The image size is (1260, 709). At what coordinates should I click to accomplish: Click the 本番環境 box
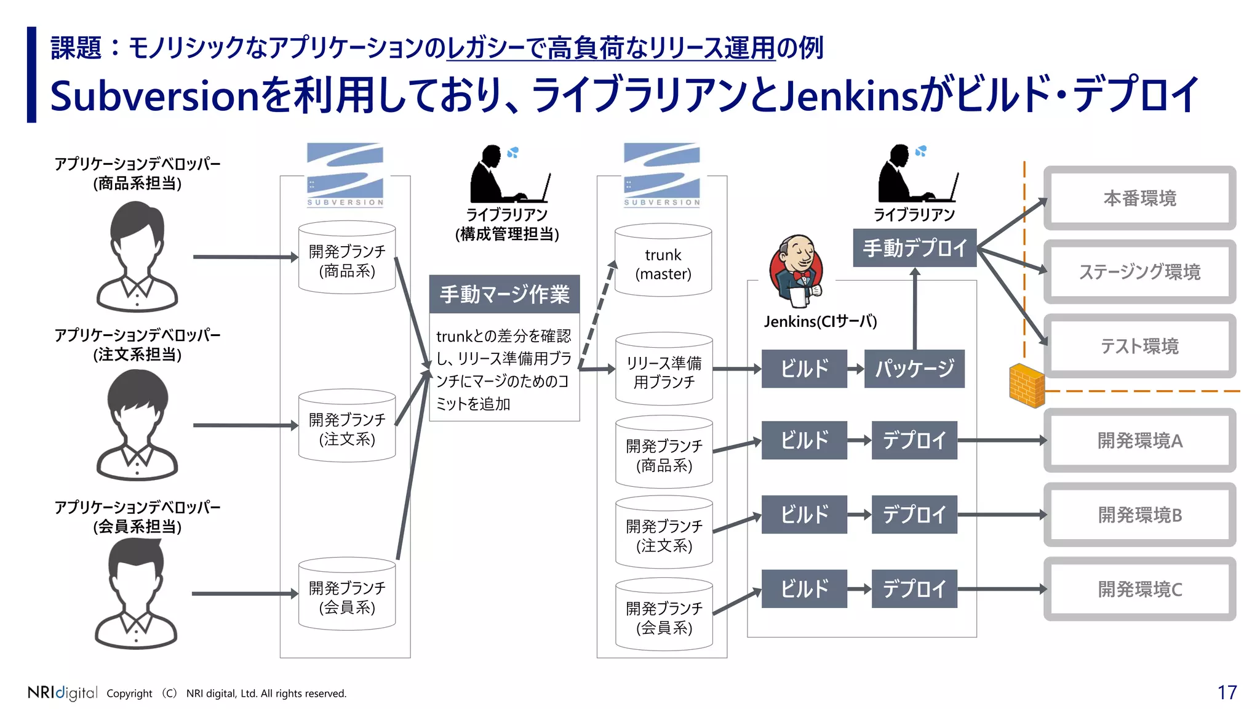[x=1139, y=198]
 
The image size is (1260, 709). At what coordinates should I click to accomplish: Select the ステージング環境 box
[x=1139, y=271]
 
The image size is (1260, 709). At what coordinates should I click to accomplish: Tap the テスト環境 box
[x=1139, y=346]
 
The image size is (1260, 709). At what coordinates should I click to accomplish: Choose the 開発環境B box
[x=1139, y=515]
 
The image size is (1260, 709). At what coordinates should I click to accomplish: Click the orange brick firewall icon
[x=1027, y=385]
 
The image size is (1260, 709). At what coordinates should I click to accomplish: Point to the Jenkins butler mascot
[x=797, y=270]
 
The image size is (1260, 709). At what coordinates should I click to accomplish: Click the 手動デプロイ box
[x=915, y=248]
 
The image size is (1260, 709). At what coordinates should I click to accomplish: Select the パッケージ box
[x=914, y=369]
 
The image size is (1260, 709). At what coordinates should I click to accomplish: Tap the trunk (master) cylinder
[x=663, y=262]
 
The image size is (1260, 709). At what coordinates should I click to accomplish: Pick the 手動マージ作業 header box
[x=504, y=294]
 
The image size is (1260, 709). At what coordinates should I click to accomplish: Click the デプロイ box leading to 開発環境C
[x=914, y=589]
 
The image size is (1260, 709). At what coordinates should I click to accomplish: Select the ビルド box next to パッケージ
[x=804, y=369]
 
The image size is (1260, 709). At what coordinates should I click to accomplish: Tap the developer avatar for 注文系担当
[x=137, y=425]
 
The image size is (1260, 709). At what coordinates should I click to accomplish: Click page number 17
[x=1227, y=692]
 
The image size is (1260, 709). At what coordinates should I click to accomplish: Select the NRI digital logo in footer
[x=62, y=692]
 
